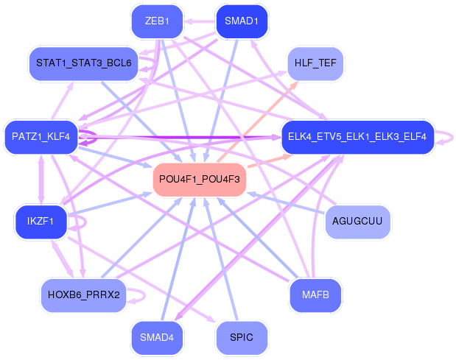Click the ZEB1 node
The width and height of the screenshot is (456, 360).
pyautogui.click(x=157, y=21)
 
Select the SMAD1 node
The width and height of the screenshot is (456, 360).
pyautogui.click(x=241, y=21)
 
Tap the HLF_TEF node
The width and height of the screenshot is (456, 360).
pyautogui.click(x=315, y=63)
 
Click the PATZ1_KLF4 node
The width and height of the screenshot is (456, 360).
pyautogui.click(x=41, y=136)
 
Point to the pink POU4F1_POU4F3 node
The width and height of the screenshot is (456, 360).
pyautogui.click(x=199, y=179)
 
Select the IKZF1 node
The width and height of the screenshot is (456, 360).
pyautogui.click(x=41, y=222)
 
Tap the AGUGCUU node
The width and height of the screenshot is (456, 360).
pyautogui.click(x=357, y=222)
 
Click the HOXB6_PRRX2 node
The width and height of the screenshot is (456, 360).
pyautogui.click(x=83, y=294)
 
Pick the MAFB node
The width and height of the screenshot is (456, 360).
pyautogui.click(x=315, y=294)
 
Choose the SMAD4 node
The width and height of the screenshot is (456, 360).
pyautogui.click(x=157, y=337)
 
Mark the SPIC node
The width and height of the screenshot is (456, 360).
pyautogui.click(x=241, y=337)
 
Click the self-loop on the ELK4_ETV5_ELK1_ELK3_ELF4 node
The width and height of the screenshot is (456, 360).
pyautogui.click(x=445, y=136)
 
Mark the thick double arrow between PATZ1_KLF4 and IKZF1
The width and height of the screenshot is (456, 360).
pyautogui.click(x=41, y=179)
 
